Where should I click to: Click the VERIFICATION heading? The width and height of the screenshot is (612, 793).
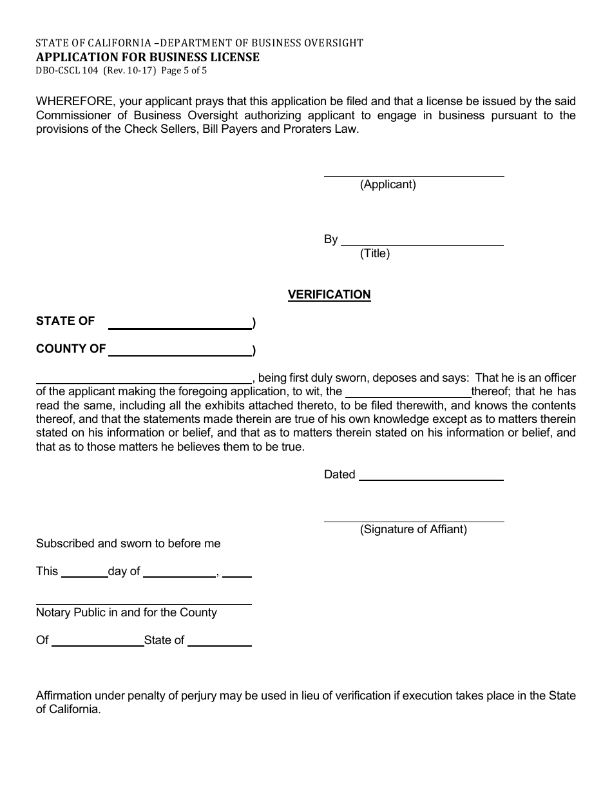(x=329, y=295)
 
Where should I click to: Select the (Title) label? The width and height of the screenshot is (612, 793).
(x=375, y=253)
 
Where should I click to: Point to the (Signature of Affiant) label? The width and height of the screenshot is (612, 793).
(x=413, y=529)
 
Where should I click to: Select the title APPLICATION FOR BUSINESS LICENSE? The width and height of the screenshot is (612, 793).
(x=148, y=57)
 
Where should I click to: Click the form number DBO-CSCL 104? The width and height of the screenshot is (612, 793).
(x=67, y=71)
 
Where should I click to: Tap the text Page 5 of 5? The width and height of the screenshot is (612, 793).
(x=184, y=71)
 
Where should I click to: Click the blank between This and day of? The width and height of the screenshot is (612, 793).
(x=84, y=575)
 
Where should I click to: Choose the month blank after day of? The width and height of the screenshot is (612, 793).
(x=179, y=575)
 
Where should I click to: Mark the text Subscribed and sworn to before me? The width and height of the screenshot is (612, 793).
(x=128, y=543)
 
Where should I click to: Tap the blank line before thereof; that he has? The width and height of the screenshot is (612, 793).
(x=408, y=395)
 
